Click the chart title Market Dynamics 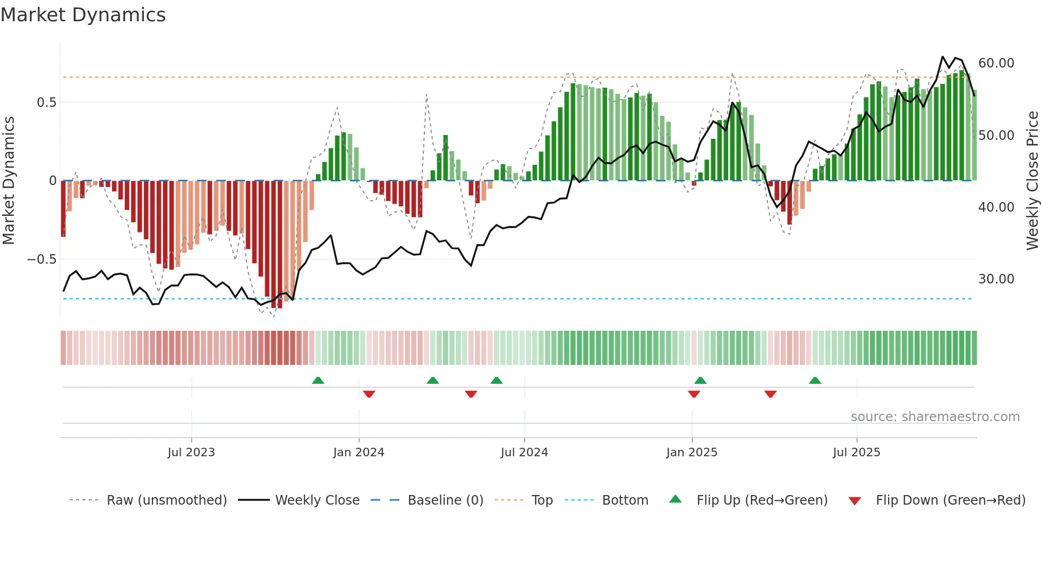point(83,15)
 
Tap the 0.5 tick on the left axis point(46,102)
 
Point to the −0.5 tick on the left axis point(41,259)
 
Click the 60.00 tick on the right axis point(996,63)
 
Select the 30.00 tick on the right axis point(996,279)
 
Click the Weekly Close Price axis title point(1032,181)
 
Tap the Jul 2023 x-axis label point(191,453)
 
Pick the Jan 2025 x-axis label point(692,453)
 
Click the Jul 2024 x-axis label point(524,453)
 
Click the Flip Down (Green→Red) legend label point(950,500)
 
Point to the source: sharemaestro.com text point(935,417)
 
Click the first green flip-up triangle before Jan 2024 point(318,380)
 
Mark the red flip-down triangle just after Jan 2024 point(369,394)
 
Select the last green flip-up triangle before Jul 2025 point(815,380)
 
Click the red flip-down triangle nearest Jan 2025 point(694,394)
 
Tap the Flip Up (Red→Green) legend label point(762,500)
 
